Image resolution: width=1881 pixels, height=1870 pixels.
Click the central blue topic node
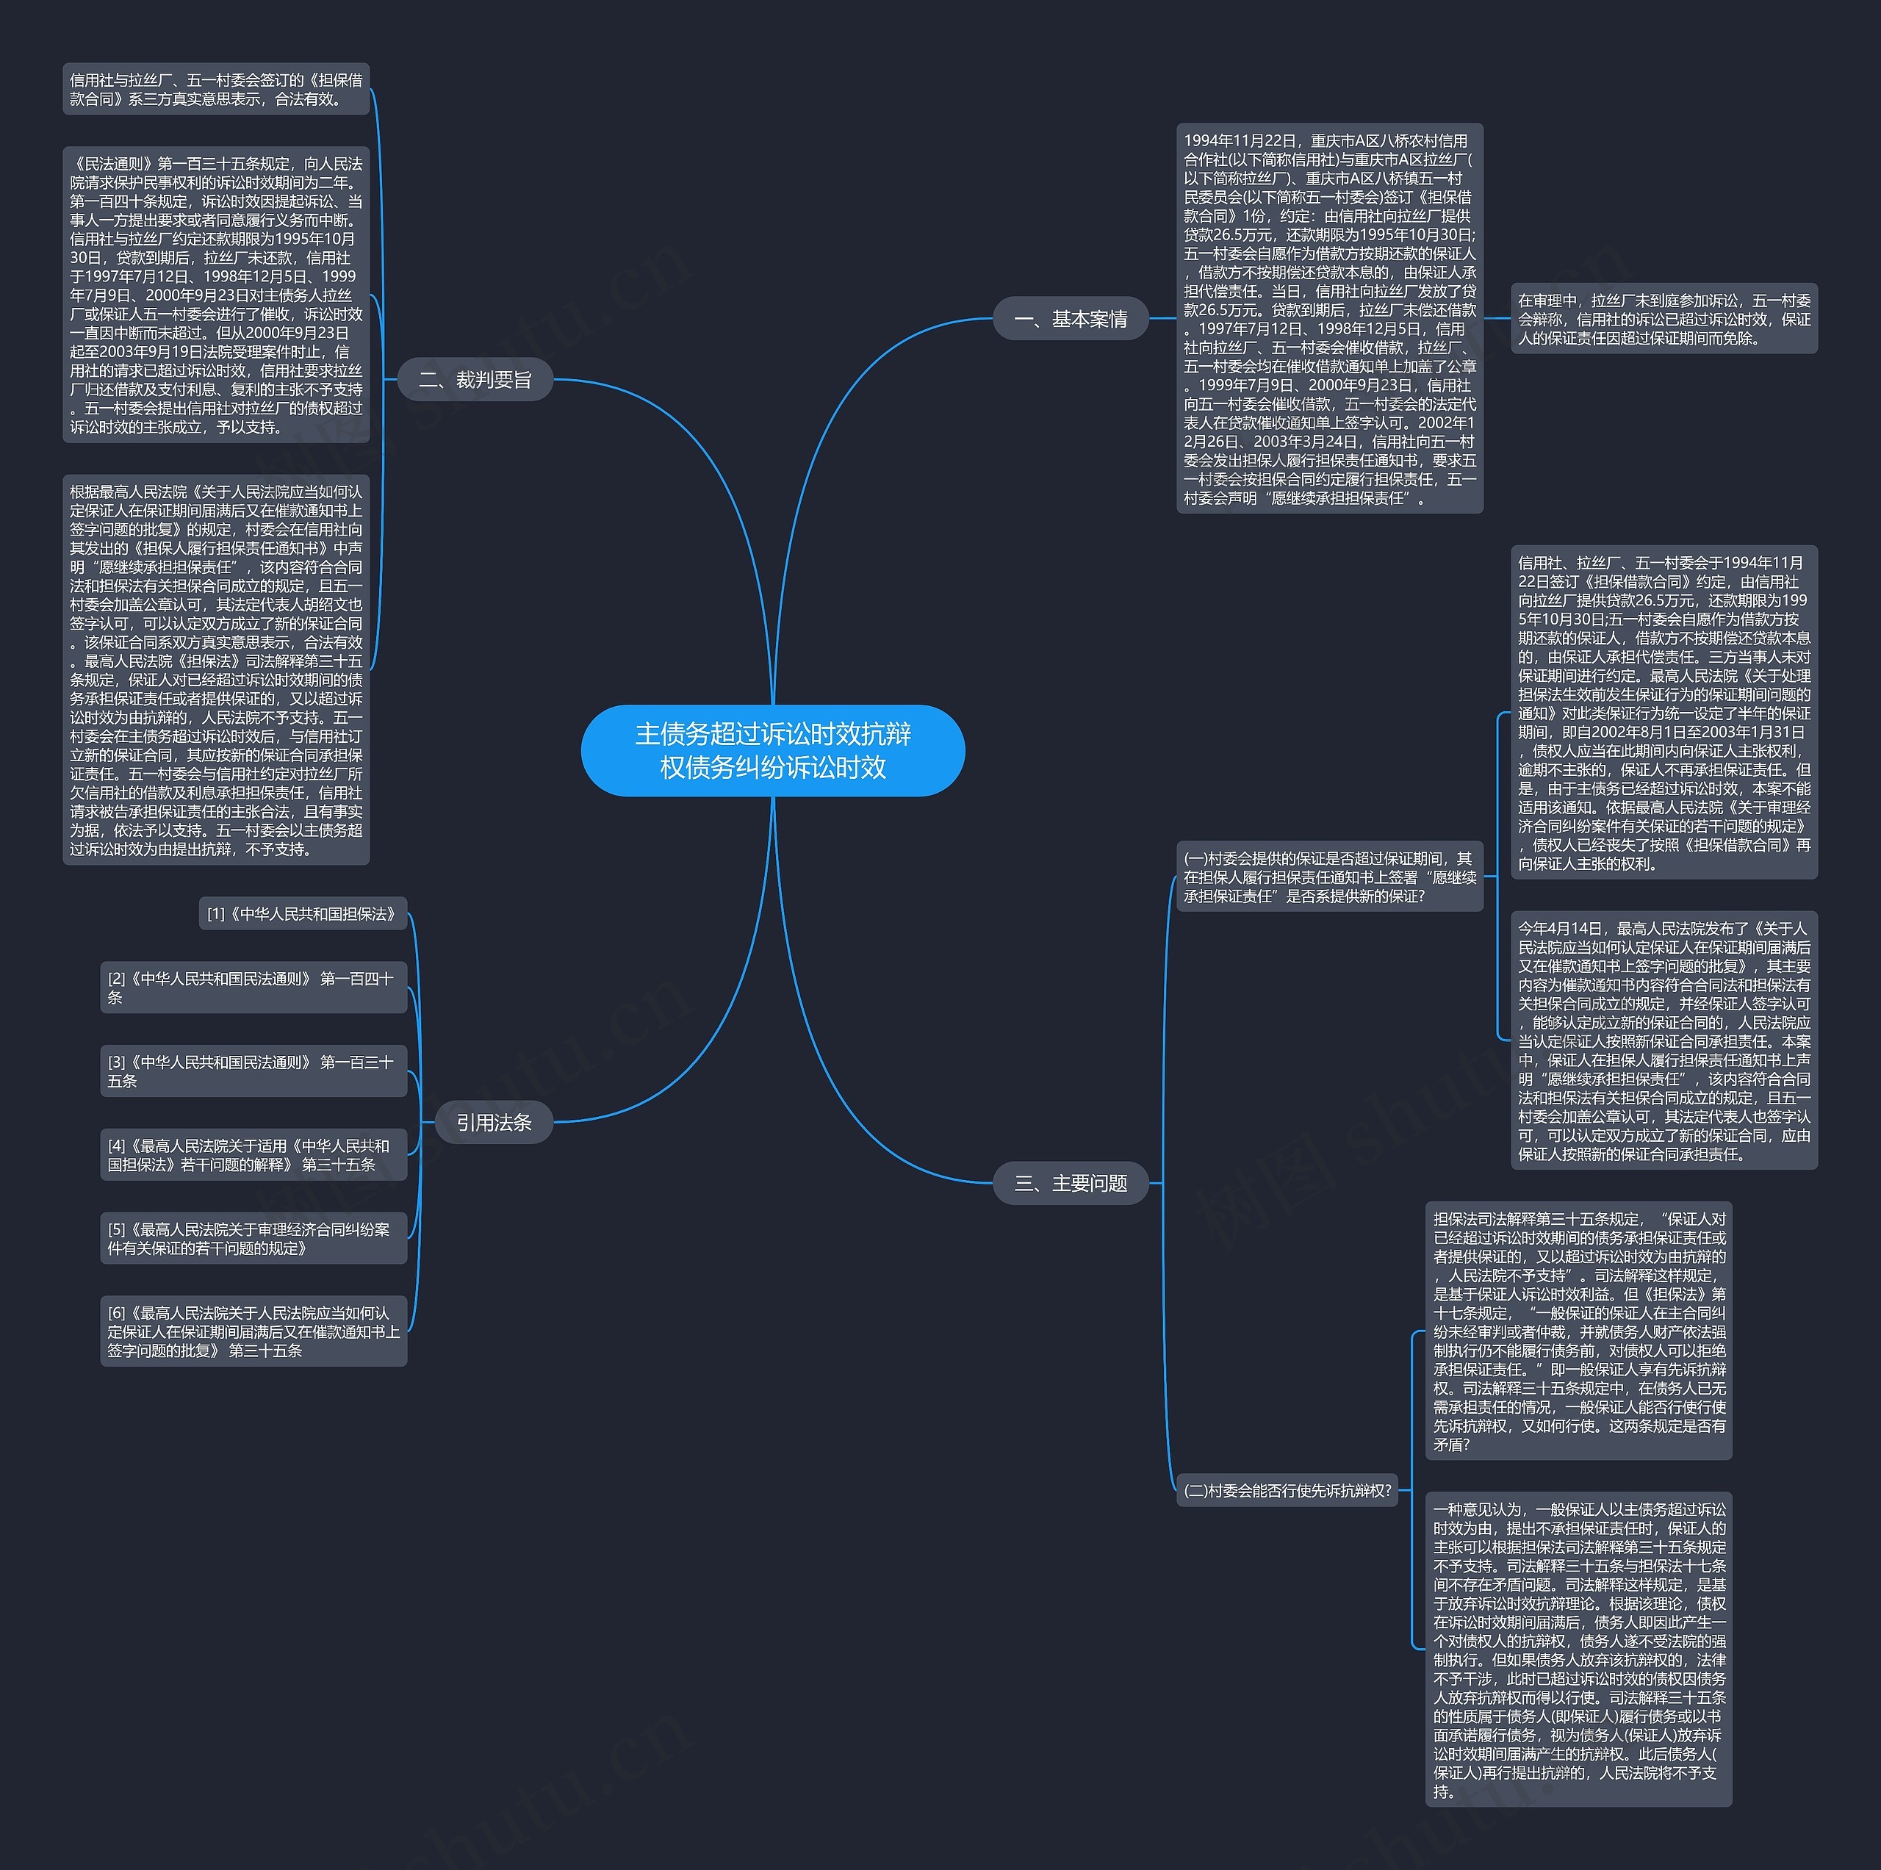772,749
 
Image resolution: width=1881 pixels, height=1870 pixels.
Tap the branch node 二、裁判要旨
475,380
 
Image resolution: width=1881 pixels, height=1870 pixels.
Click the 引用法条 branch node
494,1123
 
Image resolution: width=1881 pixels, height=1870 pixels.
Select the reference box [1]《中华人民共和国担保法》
303,913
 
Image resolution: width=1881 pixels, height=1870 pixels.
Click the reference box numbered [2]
253,987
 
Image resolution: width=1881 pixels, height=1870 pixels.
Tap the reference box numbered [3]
253,1071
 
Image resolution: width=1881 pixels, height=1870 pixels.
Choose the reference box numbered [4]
253,1154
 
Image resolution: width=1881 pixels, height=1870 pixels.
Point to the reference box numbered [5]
253,1238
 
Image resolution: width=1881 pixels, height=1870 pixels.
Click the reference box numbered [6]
253,1331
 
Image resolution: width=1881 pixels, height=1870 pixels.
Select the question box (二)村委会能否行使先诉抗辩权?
1286,1490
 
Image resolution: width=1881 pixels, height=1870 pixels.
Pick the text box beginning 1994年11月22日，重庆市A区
1329,318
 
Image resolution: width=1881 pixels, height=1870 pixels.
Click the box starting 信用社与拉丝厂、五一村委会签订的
216,89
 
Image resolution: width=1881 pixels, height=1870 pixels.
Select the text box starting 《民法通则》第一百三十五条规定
216,295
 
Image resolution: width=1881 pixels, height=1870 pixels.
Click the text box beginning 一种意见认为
1578,1649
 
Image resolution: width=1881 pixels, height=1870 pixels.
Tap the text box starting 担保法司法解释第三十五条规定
1578,1331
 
